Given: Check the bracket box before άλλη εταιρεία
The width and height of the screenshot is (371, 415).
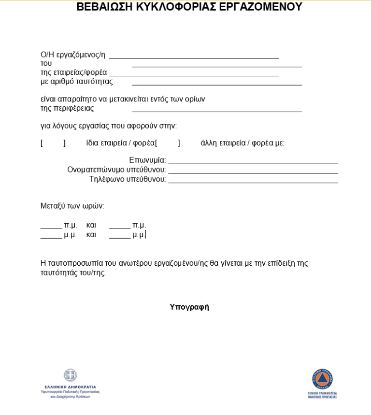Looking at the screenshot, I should tap(168, 143).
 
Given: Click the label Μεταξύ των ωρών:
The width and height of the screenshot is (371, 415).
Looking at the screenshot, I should tap(72, 206).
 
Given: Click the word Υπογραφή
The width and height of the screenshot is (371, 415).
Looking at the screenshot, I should tap(189, 307).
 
